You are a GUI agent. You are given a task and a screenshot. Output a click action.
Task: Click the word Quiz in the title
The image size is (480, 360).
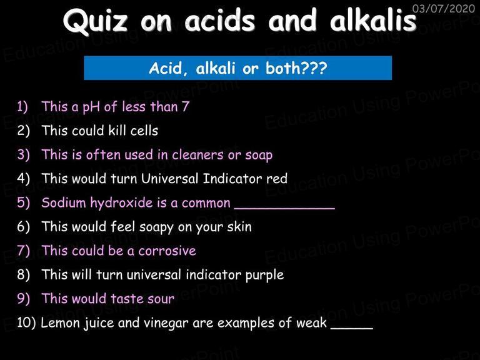pos(95,21)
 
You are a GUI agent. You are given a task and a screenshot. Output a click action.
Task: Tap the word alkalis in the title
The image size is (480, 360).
pos(373,19)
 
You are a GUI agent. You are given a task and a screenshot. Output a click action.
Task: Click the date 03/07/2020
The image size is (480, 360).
pos(443,8)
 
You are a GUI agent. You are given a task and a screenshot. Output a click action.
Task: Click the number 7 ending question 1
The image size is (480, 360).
pos(186,106)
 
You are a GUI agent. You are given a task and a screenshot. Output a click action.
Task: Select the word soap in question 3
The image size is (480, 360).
pos(259,156)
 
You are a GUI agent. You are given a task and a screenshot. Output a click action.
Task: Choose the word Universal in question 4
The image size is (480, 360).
pos(169,179)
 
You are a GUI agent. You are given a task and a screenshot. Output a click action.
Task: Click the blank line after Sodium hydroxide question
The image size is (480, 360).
pos(285,209)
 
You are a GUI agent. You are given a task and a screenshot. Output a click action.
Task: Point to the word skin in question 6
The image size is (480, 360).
pos(239,227)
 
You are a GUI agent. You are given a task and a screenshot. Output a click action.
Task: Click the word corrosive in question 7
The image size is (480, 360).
pos(167,251)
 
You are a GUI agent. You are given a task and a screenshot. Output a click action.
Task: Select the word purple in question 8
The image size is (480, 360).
pos(264,275)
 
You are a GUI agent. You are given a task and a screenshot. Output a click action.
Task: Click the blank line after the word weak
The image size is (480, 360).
pos(352,329)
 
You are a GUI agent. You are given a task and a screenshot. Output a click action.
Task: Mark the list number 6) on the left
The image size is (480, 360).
pos(24,227)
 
